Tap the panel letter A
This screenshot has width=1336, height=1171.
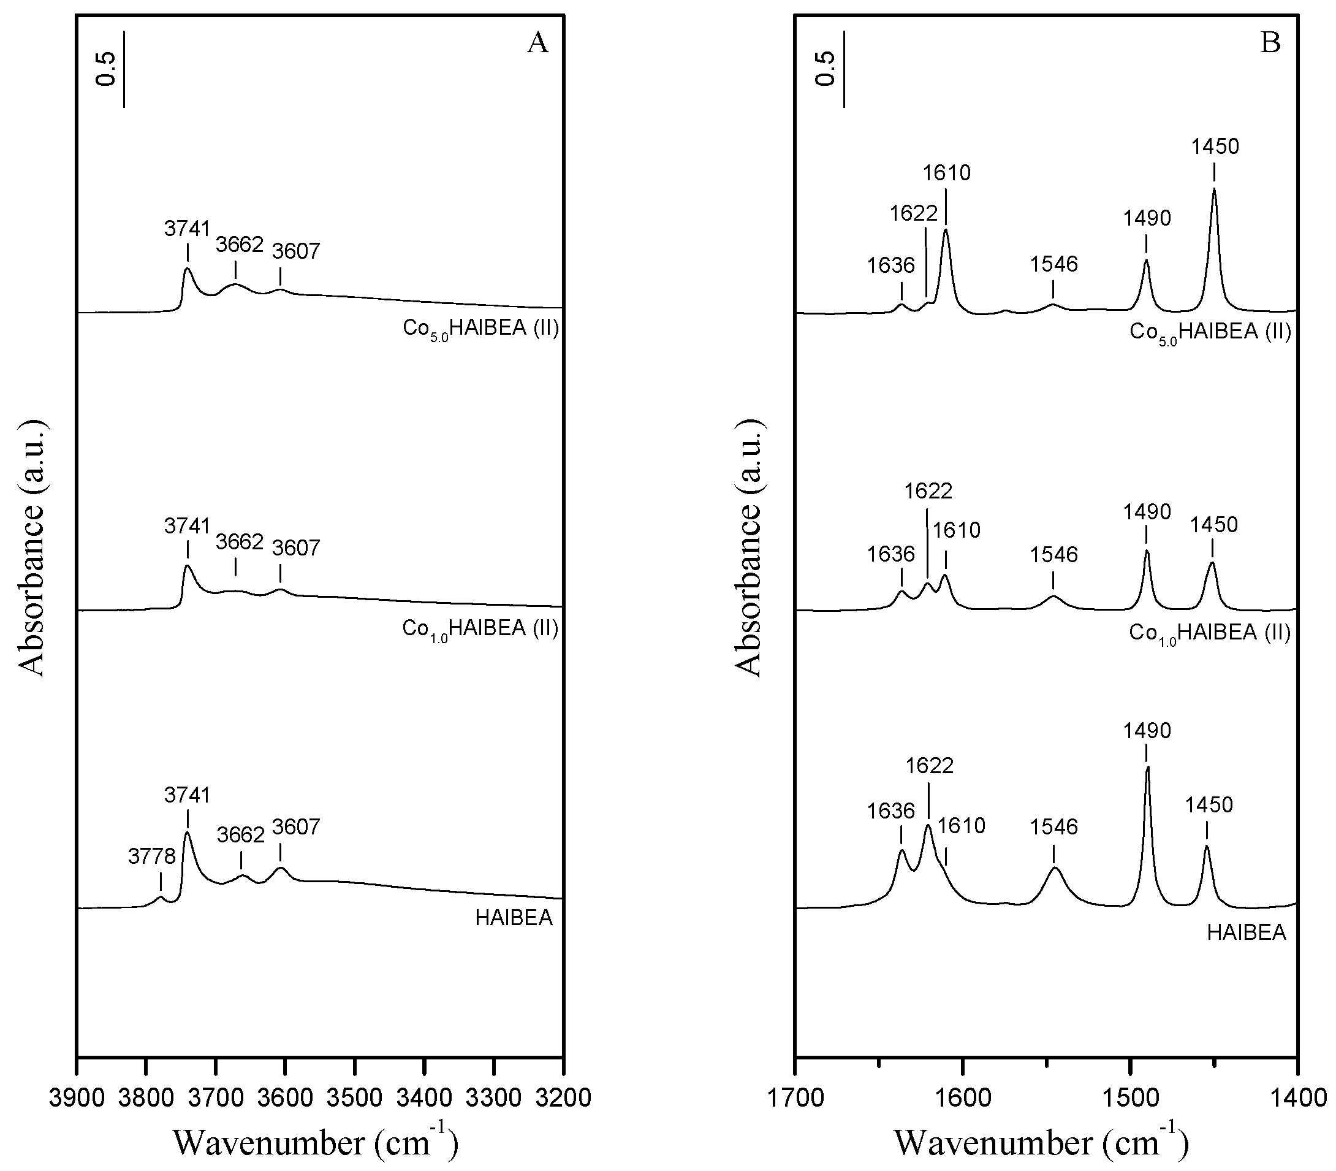pos(537,43)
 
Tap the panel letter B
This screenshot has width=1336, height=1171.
pos(1270,43)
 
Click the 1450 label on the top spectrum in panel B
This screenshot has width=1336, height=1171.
pos(1215,147)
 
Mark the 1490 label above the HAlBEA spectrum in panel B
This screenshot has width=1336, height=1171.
pos(1147,731)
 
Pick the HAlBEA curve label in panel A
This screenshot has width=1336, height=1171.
pos(514,917)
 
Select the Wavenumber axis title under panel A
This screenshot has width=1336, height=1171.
pos(316,1142)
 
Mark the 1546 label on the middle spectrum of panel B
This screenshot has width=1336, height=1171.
pos(1053,555)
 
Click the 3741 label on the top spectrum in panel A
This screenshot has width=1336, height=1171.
pos(188,229)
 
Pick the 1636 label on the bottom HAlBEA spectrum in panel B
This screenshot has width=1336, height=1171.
pos(891,811)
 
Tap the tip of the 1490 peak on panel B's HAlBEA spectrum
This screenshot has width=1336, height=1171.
pos(1147,767)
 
